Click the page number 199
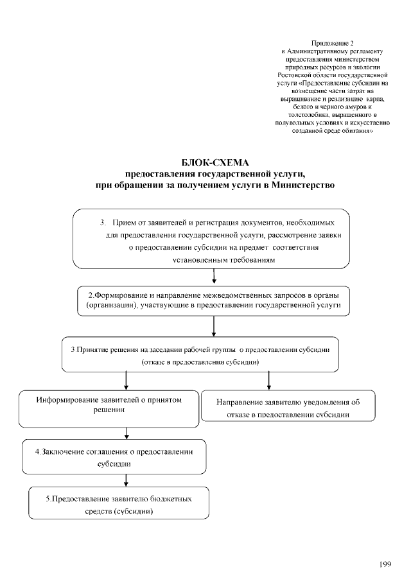click(385, 564)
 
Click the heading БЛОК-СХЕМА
click(214, 162)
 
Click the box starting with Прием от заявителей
click(211, 238)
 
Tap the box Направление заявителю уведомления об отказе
click(288, 408)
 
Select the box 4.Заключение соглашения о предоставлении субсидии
click(114, 456)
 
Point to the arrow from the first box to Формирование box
click(213, 276)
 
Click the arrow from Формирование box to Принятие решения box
click(213, 327)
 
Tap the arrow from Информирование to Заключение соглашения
click(126, 433)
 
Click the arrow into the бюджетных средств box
click(126, 481)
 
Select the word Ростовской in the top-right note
click(290, 75)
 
